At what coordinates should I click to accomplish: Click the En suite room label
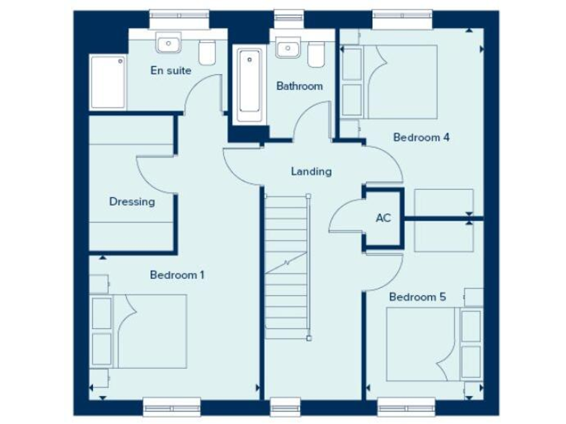[x=170, y=71]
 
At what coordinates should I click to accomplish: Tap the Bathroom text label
[x=299, y=86]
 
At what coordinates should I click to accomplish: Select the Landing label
[x=311, y=172]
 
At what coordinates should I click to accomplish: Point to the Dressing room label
[x=132, y=202]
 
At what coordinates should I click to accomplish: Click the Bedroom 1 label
[x=177, y=275]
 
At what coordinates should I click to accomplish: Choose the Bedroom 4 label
[x=422, y=137]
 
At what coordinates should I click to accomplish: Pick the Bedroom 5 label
[x=417, y=297]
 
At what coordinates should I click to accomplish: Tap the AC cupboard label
[x=383, y=218]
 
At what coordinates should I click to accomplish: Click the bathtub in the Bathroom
[x=248, y=85]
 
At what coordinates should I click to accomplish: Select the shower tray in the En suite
[x=108, y=81]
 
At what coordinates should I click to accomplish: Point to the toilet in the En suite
[x=207, y=52]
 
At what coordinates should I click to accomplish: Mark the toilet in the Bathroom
[x=315, y=52]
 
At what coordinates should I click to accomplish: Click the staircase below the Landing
[x=287, y=265]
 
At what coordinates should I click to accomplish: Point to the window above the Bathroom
[x=288, y=14]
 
